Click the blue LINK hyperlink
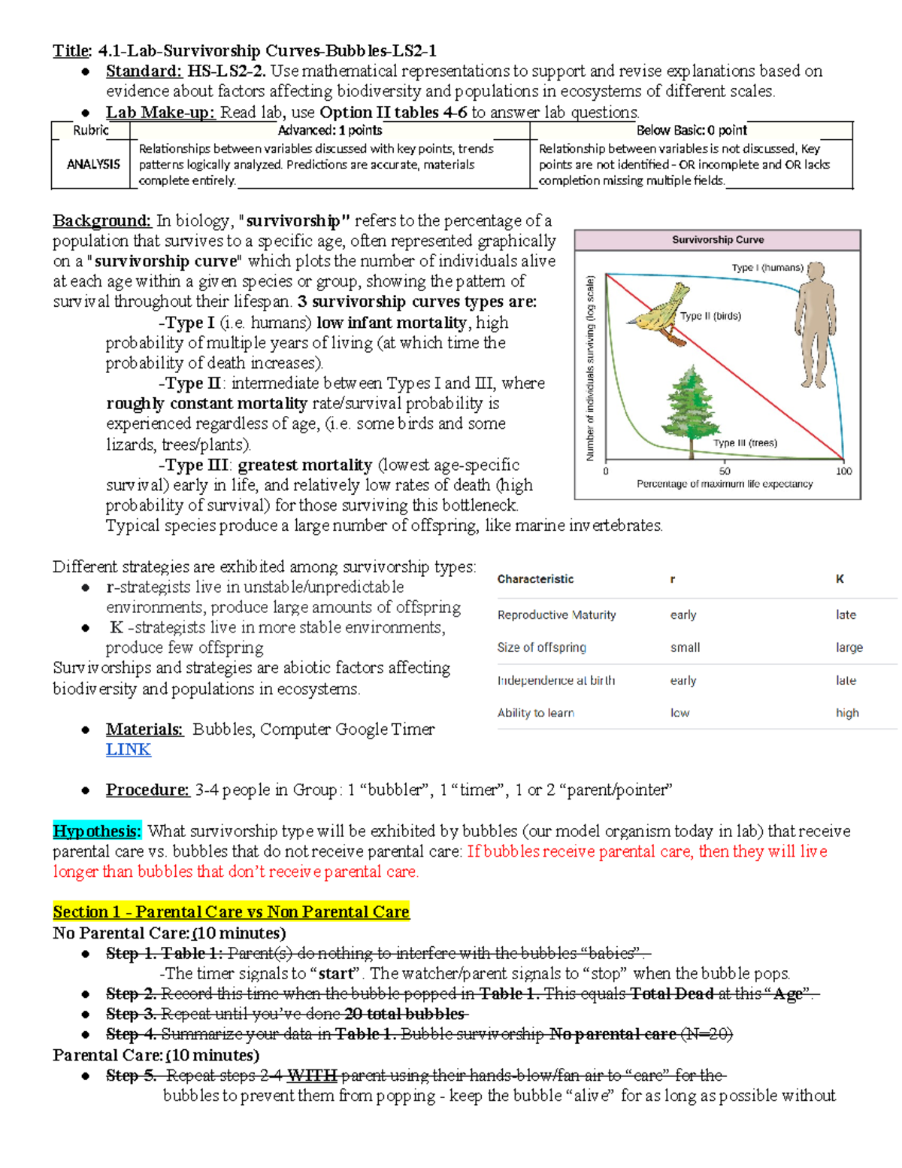[x=128, y=750]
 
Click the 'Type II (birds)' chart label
[x=710, y=316]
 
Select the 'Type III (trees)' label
[x=745, y=443]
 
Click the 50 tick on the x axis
[x=724, y=471]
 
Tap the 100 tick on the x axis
[x=843, y=471]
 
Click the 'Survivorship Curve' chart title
[x=717, y=240]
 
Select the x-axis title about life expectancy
[x=724, y=484]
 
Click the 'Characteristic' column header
[x=535, y=579]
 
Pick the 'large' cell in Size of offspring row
[x=849, y=648]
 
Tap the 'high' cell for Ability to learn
[x=847, y=713]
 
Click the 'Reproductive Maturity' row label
[x=556, y=615]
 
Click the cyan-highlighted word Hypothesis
[x=96, y=831]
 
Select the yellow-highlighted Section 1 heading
[x=231, y=912]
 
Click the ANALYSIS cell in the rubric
[x=93, y=164]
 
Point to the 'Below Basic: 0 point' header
[x=691, y=130]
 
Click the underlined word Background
[x=102, y=221]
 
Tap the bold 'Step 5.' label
[x=131, y=1075]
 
